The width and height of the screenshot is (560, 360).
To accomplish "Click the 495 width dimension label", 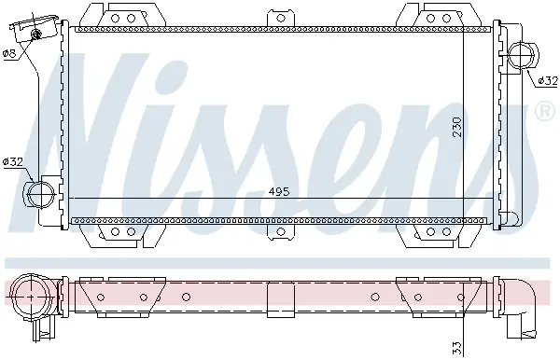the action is pos(279,192).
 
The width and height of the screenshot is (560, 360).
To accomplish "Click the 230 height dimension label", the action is pos(457,127).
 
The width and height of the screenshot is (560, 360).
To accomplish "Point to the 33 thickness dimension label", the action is pos(457,348).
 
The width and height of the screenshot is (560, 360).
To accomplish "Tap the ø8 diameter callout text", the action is pos(9,53).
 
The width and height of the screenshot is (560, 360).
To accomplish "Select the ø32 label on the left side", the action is pos(13,162).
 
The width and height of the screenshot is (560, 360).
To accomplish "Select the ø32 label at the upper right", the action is pos(548,81).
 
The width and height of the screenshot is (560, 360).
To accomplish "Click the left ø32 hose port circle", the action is pos(41,194).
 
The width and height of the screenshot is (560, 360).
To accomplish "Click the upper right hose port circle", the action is pos(521,55).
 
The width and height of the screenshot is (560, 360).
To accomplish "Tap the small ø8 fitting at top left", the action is pos(35,35).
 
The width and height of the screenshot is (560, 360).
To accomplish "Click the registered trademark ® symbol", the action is pos(544,111).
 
